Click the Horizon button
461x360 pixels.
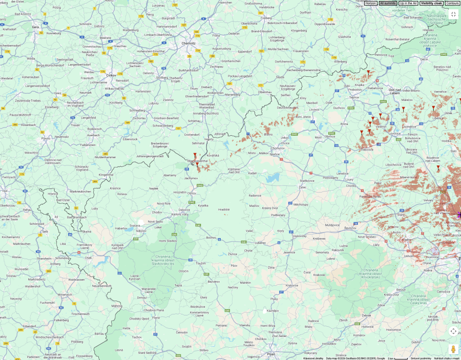click(x=370, y=3)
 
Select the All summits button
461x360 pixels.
click(x=388, y=3)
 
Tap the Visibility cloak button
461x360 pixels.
click(x=431, y=3)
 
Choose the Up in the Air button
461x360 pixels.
click(x=408, y=3)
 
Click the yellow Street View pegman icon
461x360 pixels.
click(x=453, y=349)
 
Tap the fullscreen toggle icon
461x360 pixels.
click(x=453, y=14)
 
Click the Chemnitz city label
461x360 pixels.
click(x=188, y=44)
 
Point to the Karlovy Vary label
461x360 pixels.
click(x=180, y=214)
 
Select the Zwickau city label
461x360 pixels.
click(x=111, y=75)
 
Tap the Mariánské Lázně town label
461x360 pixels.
click(x=135, y=290)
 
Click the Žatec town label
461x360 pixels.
click(x=303, y=187)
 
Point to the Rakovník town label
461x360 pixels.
click(x=338, y=250)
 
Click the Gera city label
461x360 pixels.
click(x=35, y=27)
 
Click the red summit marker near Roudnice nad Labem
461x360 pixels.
click(x=438, y=167)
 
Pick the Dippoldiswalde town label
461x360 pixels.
click(x=325, y=24)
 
